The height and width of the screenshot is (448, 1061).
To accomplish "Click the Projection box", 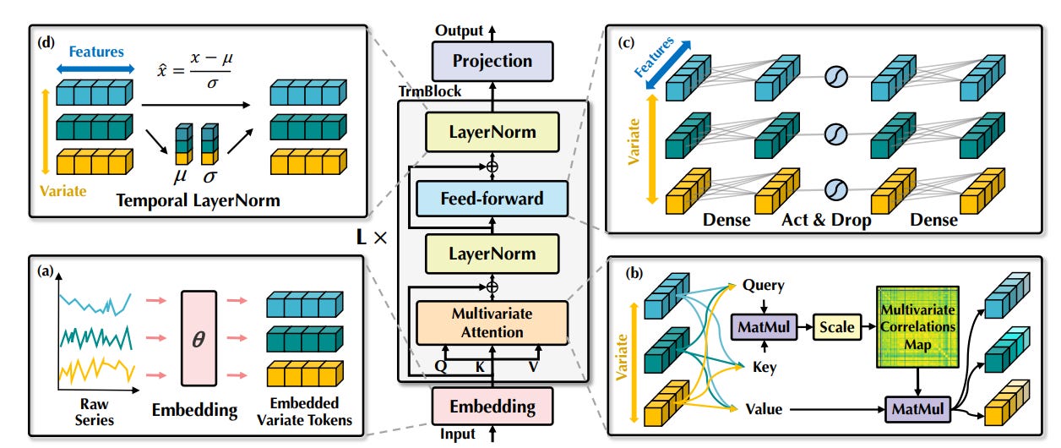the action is point(492,61).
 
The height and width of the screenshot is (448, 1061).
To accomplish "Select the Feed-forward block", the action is point(492,199).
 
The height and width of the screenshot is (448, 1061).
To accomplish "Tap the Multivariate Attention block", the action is point(492,323).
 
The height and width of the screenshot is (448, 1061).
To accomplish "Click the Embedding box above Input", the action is point(492,407).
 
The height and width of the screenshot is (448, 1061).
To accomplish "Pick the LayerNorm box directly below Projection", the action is point(492,132).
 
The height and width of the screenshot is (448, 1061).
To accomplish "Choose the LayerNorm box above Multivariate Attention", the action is point(492,254).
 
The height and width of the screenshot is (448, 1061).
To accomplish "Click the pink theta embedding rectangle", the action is point(199,338).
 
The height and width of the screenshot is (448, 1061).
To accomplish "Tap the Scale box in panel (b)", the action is point(837,326).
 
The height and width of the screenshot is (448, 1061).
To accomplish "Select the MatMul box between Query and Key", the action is point(764,326).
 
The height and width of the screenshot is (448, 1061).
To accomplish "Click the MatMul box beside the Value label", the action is point(918,409).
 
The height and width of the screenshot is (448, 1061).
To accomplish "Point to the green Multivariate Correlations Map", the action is point(918,327).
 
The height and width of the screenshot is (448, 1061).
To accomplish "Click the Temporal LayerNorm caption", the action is point(198,200).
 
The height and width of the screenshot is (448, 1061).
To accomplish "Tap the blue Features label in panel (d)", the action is point(96,52).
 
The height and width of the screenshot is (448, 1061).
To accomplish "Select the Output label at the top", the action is point(459,30).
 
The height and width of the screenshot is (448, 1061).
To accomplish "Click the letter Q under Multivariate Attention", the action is point(440,367).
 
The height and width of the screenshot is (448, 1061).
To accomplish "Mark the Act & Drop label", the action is point(826,220).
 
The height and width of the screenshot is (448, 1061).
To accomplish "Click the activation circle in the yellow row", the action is point(836,190).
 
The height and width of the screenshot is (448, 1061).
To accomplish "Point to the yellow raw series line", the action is point(96,369).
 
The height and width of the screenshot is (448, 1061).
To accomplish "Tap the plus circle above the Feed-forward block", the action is point(492,167).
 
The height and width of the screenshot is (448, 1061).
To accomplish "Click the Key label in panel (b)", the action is point(764,368).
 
